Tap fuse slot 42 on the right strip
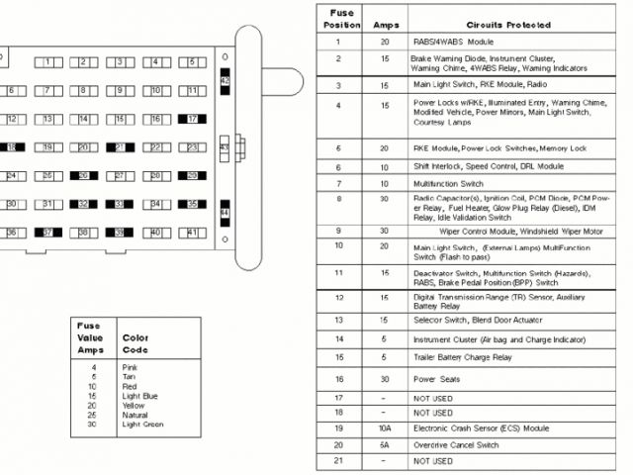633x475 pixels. [225, 78]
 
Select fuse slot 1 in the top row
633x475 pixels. [48, 62]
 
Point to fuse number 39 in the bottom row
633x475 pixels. [118, 234]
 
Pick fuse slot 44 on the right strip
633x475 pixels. [225, 213]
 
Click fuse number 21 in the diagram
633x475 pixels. [118, 148]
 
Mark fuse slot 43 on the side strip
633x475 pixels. [224, 147]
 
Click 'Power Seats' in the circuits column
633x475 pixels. [436, 379]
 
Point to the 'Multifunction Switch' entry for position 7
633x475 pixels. [448, 184]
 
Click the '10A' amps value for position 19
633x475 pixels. [384, 428]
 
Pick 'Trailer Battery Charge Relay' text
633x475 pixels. [463, 357]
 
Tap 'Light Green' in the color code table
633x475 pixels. [142, 425]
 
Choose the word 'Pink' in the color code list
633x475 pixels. [130, 369]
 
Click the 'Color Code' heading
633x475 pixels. [135, 342]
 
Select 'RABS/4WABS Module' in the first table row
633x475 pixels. [453, 43]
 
